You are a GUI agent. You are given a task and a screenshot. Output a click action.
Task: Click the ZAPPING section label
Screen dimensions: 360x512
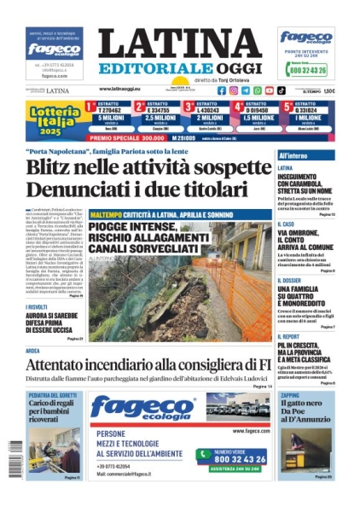[x=290, y=395]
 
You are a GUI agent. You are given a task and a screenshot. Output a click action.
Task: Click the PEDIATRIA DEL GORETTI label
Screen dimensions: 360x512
[x=53, y=395]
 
